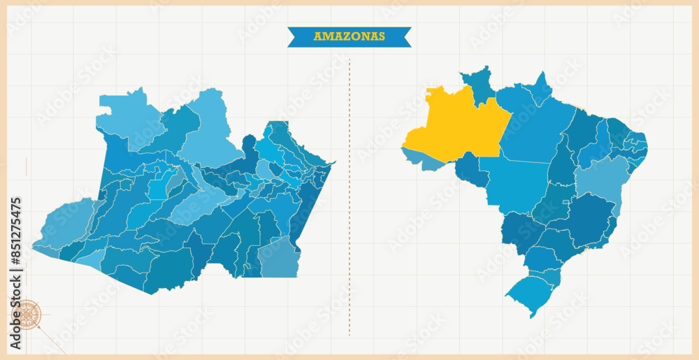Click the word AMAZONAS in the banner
(x=349, y=36)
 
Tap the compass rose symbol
(x=27, y=315)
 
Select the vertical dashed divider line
(x=349, y=196)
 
